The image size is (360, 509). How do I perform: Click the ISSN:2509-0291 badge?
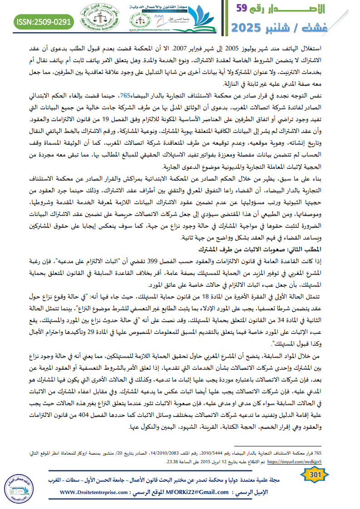coord(44,21)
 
